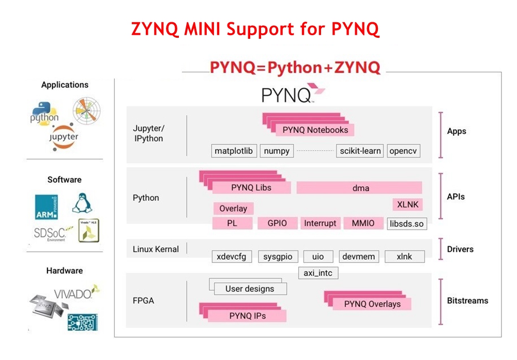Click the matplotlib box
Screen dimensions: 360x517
pos(234,151)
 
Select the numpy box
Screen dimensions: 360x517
pos(277,151)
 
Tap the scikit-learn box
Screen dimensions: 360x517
pos(360,151)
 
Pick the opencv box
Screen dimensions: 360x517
pos(403,151)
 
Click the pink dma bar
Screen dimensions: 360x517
pos(360,188)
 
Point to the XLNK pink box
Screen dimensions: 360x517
pos(407,204)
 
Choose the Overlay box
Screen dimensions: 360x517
pos(233,208)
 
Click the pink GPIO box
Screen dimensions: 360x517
pos(277,223)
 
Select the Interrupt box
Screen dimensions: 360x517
pos(320,223)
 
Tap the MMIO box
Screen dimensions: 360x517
pos(363,223)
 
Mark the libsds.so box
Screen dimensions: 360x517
pos(407,223)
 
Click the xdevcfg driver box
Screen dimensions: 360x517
pos(232,256)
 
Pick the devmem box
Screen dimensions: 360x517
pos(359,256)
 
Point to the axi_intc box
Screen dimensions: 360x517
pos(318,272)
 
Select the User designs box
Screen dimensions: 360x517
pos(250,289)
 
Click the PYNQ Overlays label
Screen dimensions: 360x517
pos(372,304)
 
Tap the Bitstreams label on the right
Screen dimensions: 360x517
pos(467,301)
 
